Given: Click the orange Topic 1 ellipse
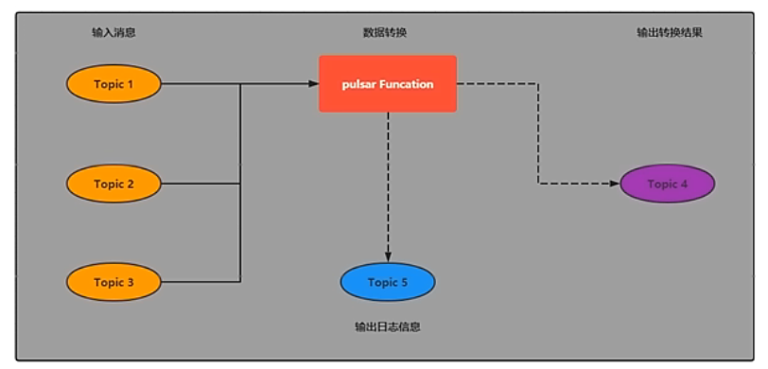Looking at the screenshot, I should pyautogui.click(x=113, y=84).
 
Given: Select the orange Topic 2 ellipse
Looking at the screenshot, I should pyautogui.click(x=113, y=184).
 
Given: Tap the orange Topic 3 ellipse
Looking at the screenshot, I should pyautogui.click(x=113, y=282).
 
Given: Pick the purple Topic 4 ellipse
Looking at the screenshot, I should pyautogui.click(x=667, y=184).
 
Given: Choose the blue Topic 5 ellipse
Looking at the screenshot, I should pyautogui.click(x=388, y=282).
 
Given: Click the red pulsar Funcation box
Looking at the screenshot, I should pyautogui.click(x=388, y=84).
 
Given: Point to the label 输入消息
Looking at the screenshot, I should pyautogui.click(x=113, y=33).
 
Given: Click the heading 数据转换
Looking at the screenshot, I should pyautogui.click(x=385, y=33).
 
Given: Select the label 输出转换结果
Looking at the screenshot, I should pyautogui.click(x=670, y=33).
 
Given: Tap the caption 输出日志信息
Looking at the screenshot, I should pyautogui.click(x=388, y=327).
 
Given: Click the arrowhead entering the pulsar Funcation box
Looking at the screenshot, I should pyautogui.click(x=313, y=84).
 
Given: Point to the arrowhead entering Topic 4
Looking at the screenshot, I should pyautogui.click(x=614, y=184).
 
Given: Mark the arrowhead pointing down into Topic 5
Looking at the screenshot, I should pyautogui.click(x=388, y=256).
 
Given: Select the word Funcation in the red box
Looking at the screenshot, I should pyautogui.click(x=407, y=84).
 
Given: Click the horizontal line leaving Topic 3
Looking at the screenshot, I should pyautogui.click(x=201, y=282).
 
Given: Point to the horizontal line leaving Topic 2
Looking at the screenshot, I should pyautogui.click(x=201, y=184).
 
